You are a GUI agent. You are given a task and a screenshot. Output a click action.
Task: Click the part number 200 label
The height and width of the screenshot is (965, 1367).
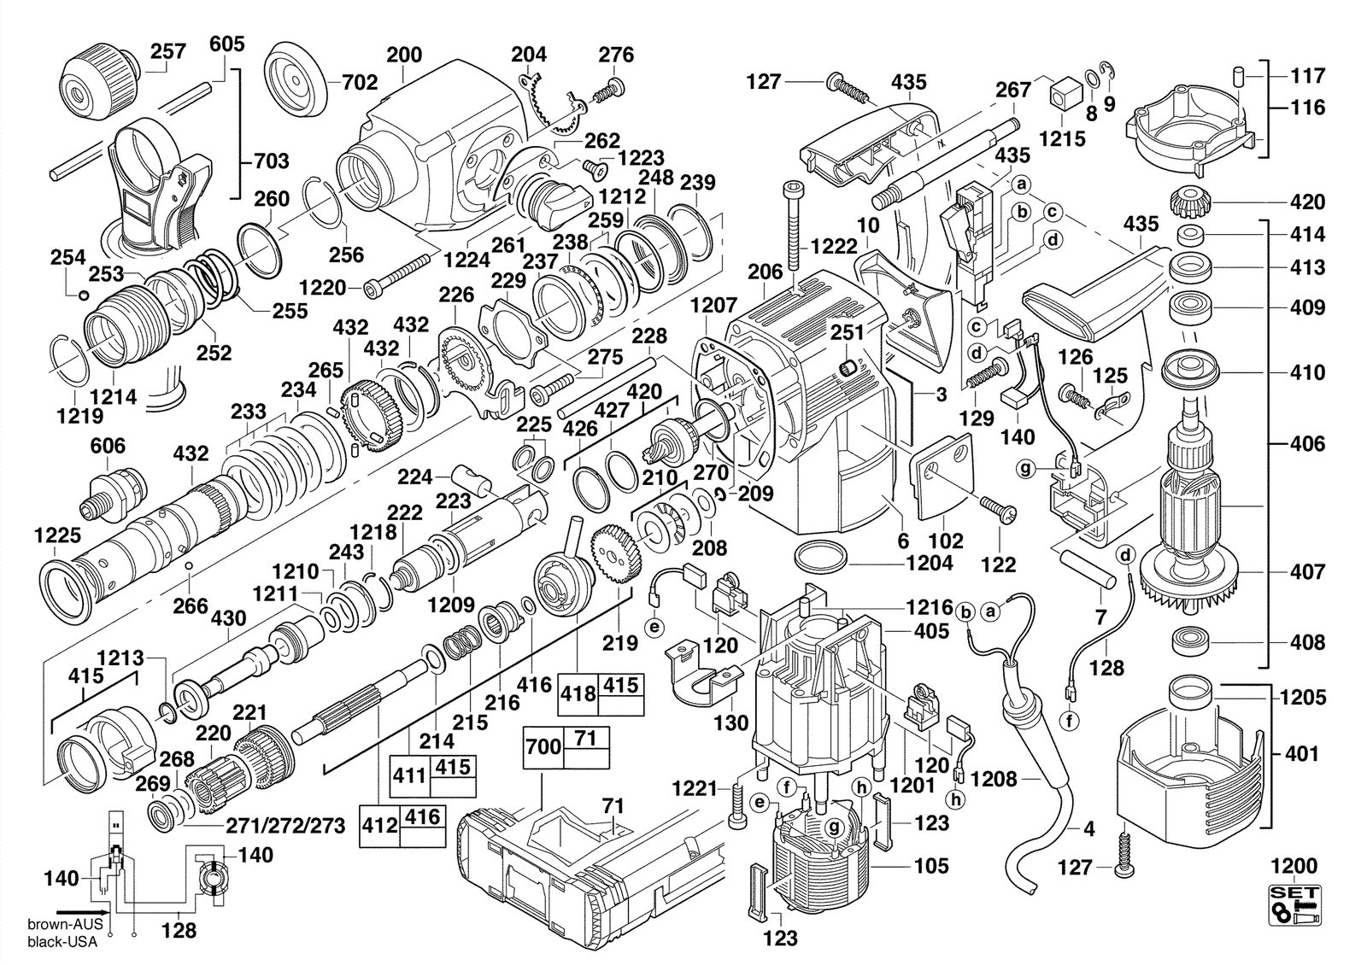click(x=405, y=55)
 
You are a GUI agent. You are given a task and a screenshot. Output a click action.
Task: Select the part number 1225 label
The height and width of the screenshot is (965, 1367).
click(x=57, y=535)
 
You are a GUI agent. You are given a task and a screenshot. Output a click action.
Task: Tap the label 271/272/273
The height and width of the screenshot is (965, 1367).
click(x=285, y=826)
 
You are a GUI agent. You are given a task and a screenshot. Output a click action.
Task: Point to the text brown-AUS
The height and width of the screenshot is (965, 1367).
click(x=65, y=924)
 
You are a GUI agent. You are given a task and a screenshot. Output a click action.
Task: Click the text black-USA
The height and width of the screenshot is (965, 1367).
click(x=62, y=942)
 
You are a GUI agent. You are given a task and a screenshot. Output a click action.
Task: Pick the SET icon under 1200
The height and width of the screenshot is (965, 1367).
click(x=1295, y=914)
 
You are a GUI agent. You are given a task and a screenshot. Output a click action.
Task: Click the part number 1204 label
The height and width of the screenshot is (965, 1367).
click(x=929, y=563)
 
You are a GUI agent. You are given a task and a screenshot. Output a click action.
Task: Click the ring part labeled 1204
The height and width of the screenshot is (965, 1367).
click(x=822, y=558)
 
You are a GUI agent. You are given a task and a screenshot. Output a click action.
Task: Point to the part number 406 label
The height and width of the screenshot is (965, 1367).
click(x=1307, y=444)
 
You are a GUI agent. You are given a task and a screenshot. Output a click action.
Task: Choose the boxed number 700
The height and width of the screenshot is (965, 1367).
click(x=543, y=746)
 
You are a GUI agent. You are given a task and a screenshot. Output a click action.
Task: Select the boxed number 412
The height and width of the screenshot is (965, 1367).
click(x=379, y=825)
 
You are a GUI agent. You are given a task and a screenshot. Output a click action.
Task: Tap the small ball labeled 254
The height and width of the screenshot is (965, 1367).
click(x=85, y=295)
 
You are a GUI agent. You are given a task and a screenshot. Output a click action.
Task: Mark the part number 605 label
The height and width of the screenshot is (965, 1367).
click(x=227, y=44)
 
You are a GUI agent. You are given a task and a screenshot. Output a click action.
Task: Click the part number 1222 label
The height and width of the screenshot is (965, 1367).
click(x=834, y=247)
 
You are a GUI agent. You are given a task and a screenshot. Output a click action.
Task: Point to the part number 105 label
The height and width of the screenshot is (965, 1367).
click(x=931, y=866)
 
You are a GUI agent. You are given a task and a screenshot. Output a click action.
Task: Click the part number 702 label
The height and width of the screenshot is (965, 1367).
click(x=360, y=82)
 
